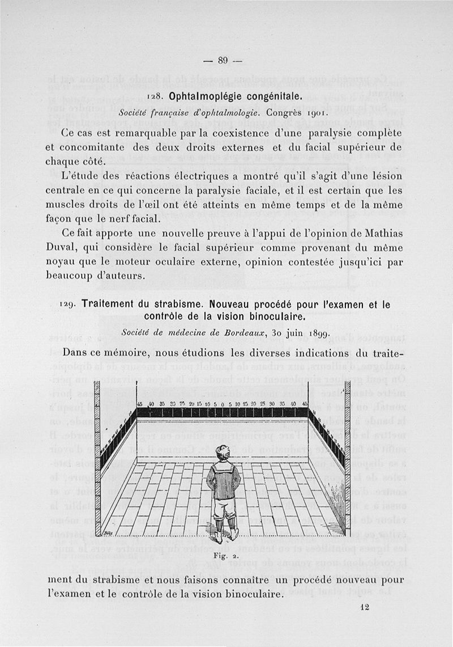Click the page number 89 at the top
pyautogui.click(x=222, y=61)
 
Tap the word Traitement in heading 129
pyautogui.click(x=113, y=304)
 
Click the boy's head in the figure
pyautogui.click(x=221, y=453)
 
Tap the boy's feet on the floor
pyautogui.click(x=225, y=534)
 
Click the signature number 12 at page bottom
pyautogui.click(x=364, y=607)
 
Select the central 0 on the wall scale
pyautogui.click(x=223, y=403)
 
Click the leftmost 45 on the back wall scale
pyautogui.click(x=139, y=403)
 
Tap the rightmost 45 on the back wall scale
pyautogui.click(x=305, y=403)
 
